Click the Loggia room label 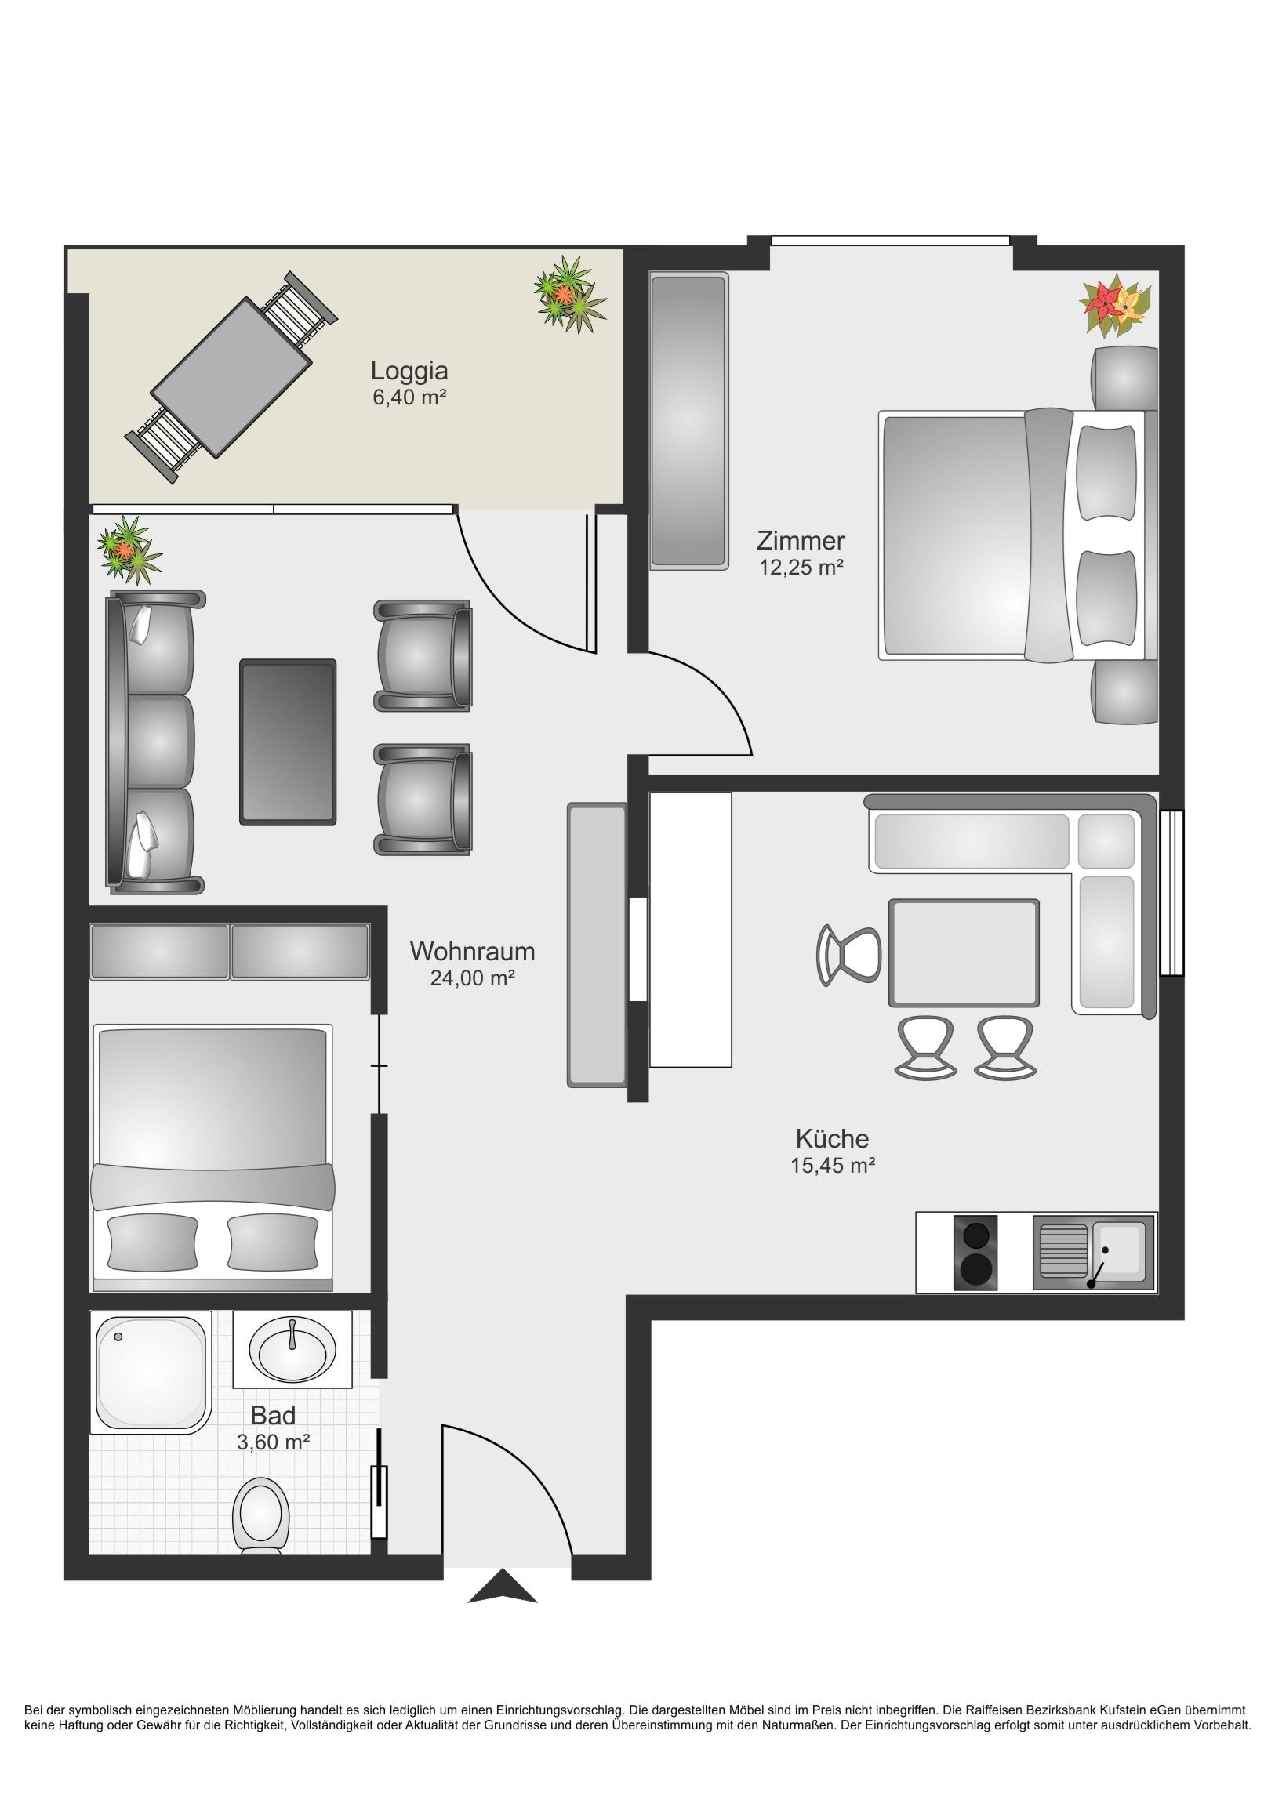409,371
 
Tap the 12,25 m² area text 801,567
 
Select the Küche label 832,1138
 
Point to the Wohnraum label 472,951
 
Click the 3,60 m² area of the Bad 274,1442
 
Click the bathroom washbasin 292,1350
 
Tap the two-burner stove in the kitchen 975,1253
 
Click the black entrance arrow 503,1586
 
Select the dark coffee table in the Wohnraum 288,742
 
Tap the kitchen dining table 964,952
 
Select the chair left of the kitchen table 848,955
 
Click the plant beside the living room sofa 129,550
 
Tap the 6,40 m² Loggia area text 409,397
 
